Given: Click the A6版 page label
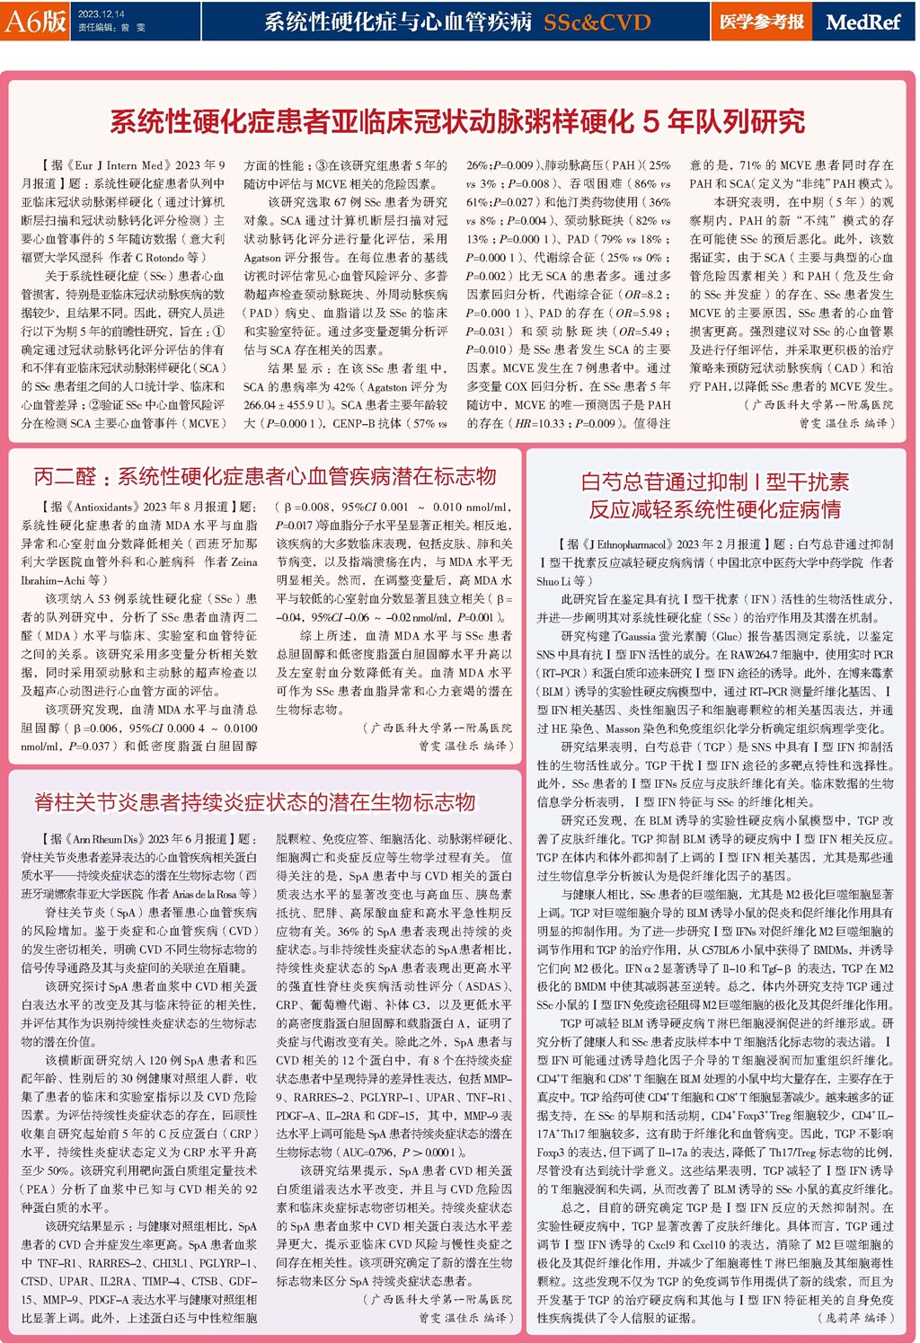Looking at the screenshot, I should coord(36,21).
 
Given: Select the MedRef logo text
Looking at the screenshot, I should coord(862,22).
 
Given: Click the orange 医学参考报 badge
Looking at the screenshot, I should coord(761,22).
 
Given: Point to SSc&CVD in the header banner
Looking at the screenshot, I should coord(597,22).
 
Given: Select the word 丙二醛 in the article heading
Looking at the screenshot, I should coord(65,476).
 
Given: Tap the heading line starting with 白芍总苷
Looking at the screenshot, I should coord(713,482).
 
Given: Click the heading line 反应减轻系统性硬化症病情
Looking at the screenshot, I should coord(713,509).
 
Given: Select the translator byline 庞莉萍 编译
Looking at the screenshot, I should coord(854,1318).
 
